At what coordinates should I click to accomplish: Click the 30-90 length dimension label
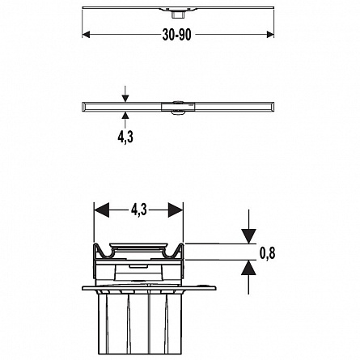(176, 35)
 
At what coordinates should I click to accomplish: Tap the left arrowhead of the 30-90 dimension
(86, 35)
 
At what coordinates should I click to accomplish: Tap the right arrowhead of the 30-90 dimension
(270, 35)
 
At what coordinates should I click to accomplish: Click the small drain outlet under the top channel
(177, 15)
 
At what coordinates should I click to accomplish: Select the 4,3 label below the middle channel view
(125, 137)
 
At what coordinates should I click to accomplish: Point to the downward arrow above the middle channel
(125, 94)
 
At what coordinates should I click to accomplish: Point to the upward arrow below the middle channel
(125, 120)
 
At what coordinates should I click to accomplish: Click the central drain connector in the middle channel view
(178, 108)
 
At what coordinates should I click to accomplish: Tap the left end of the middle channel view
(83, 107)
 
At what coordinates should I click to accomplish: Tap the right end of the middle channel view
(273, 107)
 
